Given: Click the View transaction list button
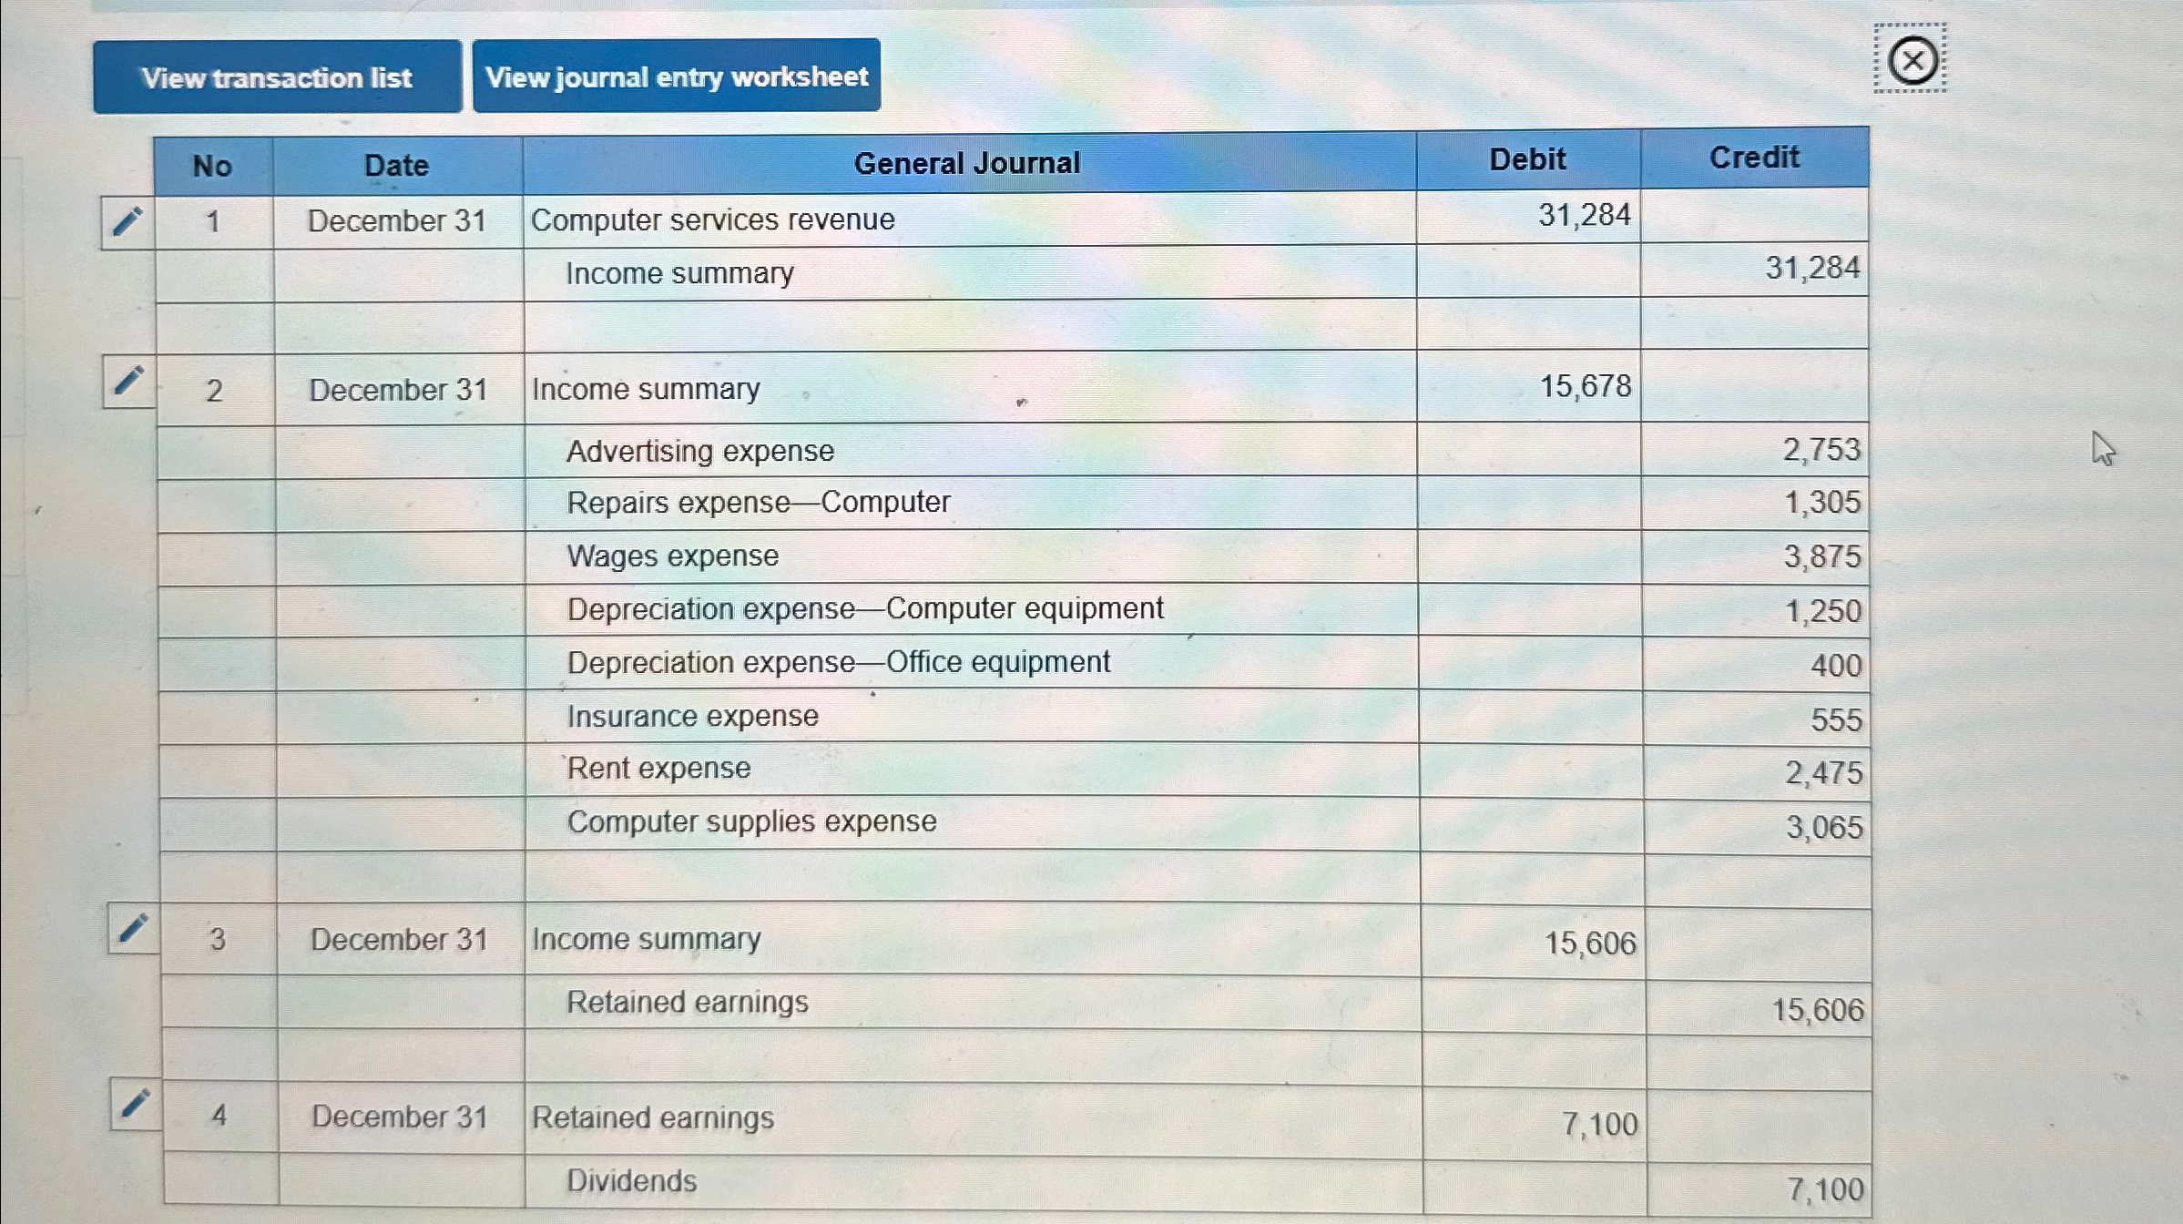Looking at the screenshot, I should (277, 77).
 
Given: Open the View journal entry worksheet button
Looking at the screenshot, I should (676, 76).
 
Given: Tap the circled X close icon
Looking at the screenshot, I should (1912, 61).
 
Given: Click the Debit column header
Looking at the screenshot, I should (1527, 160).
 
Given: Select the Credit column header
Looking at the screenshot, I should (1754, 158).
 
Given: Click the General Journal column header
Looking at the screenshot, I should (966, 164).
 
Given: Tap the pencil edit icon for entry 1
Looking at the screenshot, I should (128, 221).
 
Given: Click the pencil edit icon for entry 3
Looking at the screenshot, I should (133, 929).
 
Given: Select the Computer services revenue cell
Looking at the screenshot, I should (712, 219).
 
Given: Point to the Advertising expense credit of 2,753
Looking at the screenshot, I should (1821, 450).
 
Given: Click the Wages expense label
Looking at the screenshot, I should (672, 556).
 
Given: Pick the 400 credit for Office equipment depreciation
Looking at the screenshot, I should (1835, 666).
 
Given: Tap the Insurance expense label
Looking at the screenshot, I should (692, 717).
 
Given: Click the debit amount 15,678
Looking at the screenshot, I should (1585, 387).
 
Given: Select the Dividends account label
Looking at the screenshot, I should (631, 1181).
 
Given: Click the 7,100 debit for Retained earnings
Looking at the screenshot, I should (1599, 1125).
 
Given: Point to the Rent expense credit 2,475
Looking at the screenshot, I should (1822, 773).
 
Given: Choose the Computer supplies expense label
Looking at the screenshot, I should (751, 821).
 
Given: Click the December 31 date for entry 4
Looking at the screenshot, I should (399, 1117).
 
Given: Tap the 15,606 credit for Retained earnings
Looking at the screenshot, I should (1817, 1010).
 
